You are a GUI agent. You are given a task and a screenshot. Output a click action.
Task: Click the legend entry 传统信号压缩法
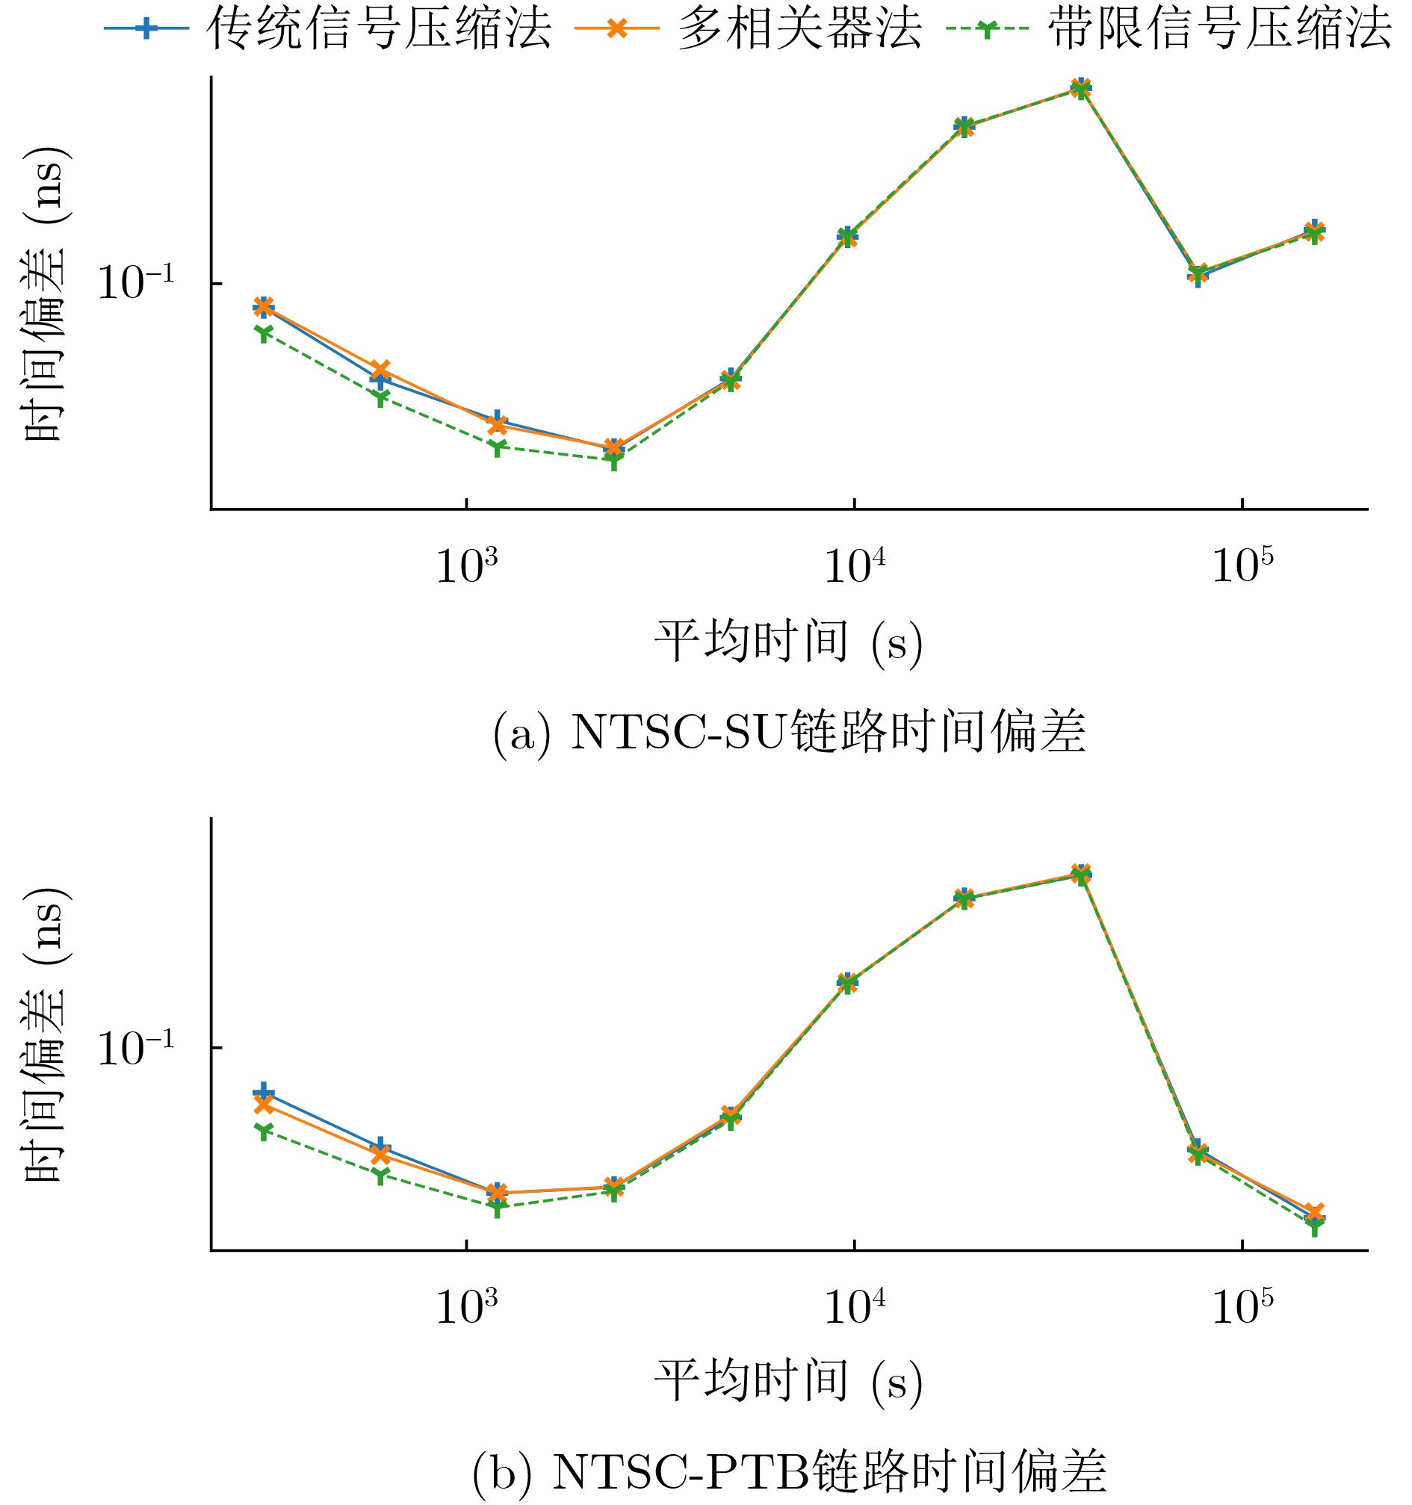tap(379, 29)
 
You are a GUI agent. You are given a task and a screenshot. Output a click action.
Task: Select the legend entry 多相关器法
tap(799, 29)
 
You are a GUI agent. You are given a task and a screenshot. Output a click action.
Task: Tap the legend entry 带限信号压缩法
tap(1219, 29)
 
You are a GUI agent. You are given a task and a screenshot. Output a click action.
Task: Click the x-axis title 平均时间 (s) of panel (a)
tap(788, 643)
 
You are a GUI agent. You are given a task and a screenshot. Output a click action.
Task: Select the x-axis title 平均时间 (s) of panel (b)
tap(788, 1382)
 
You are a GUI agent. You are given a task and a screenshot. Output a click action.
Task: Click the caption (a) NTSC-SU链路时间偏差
tap(790, 731)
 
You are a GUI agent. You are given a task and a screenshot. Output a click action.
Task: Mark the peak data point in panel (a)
tap(1081, 88)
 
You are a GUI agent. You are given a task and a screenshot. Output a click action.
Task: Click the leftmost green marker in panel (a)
tap(263, 332)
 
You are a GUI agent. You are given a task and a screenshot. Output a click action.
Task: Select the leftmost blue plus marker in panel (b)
tap(263, 1092)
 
